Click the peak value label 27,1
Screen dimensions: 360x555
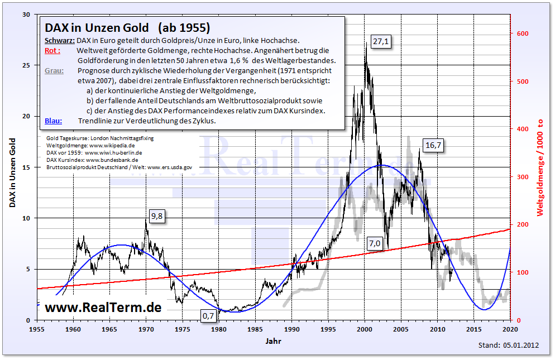coord(381,42)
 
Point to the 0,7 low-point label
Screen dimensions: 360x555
coord(208,316)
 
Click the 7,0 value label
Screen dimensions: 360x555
coord(374,243)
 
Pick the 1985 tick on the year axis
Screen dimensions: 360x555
coord(255,330)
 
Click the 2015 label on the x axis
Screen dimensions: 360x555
coord(473,330)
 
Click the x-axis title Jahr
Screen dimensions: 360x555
coord(273,341)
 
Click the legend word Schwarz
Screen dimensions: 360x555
coord(59,41)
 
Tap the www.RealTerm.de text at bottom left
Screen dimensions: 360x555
coord(103,307)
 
